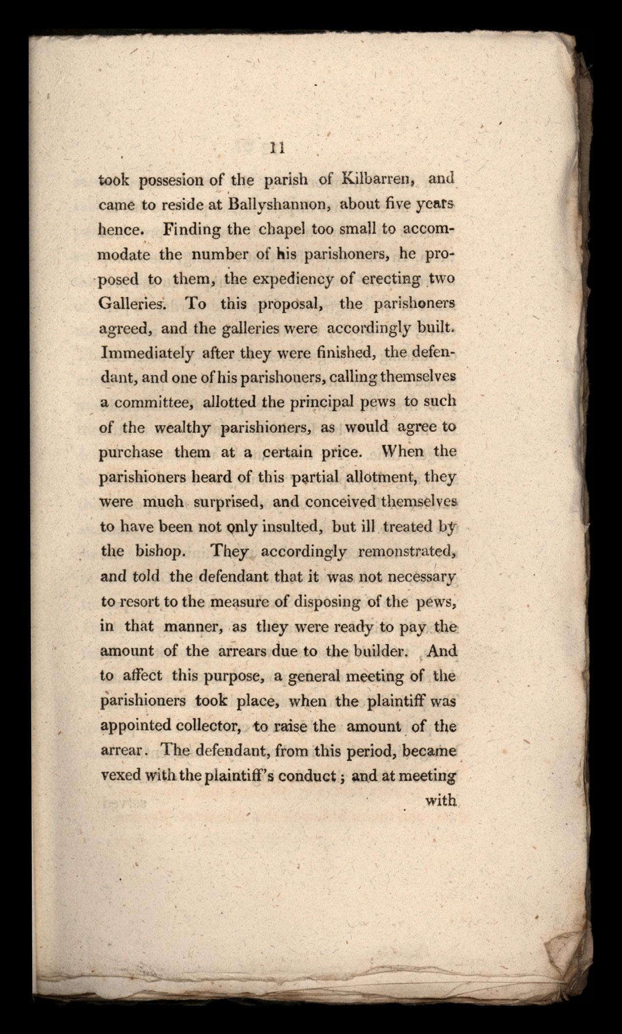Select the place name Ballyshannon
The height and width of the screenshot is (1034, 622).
pos(277,204)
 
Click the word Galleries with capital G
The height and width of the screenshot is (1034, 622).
pos(133,304)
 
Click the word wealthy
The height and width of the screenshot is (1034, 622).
pos(183,428)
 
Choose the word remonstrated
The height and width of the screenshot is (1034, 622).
pos(407,552)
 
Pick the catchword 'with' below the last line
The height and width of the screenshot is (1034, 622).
pos(441,801)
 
